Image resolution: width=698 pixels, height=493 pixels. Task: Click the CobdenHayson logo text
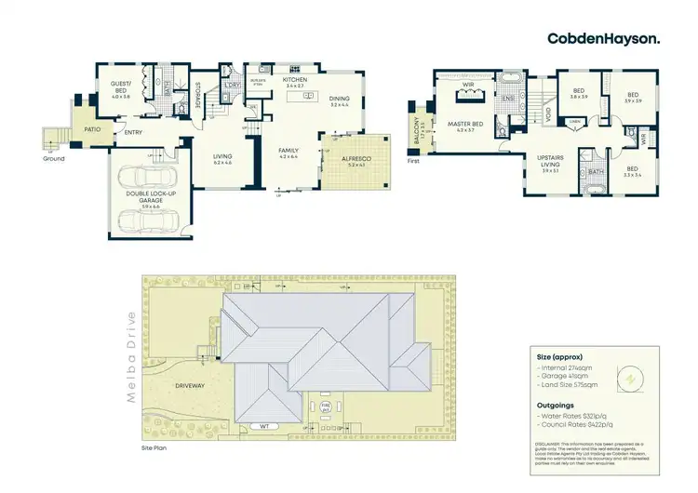tap(605, 38)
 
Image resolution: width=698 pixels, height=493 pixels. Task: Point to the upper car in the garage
tap(149, 179)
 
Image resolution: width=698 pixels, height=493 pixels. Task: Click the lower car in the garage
tap(149, 220)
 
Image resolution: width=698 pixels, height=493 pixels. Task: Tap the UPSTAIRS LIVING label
tap(550, 162)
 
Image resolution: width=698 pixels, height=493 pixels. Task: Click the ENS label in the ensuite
tap(508, 98)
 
